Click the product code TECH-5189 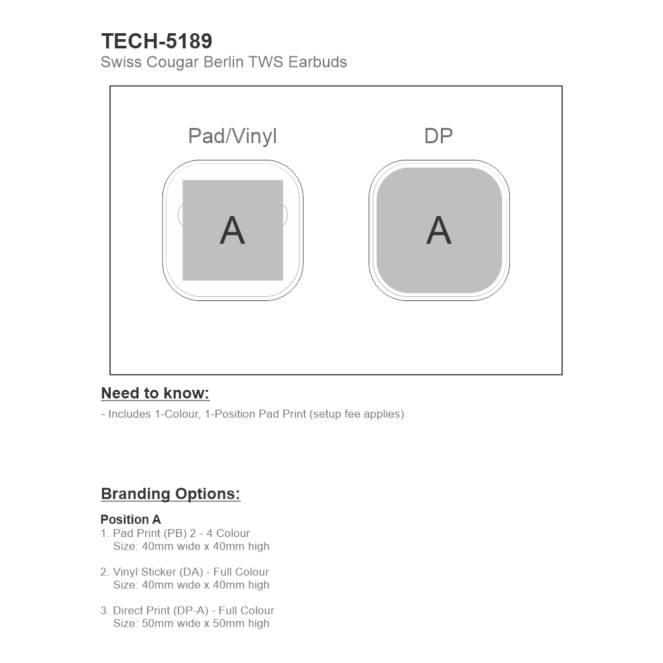tap(156, 41)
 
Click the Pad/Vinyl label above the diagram tap(232, 136)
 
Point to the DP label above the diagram tap(438, 136)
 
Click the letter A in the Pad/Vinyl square tap(232, 230)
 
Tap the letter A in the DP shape tap(438, 230)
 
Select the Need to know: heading tap(155, 393)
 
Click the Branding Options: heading tap(170, 494)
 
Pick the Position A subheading tap(131, 520)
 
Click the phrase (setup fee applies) tap(357, 414)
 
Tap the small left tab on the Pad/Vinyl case tap(180, 213)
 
